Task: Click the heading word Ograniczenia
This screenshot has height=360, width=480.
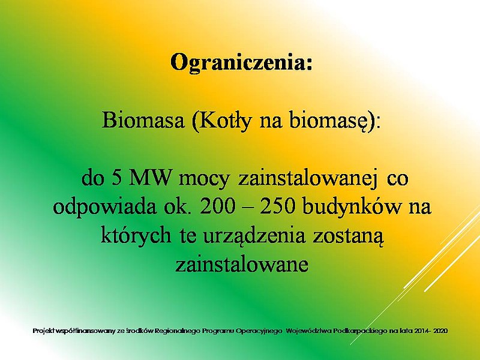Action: point(241,63)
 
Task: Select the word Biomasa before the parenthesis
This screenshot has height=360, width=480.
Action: point(143,120)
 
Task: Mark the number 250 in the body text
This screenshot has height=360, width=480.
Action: point(278,207)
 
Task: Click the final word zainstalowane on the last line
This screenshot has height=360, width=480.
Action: point(242,265)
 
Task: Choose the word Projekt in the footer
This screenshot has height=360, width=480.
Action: point(43,331)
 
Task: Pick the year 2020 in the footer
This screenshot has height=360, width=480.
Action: point(441,331)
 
